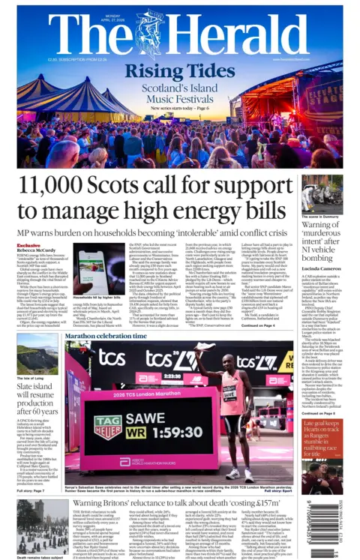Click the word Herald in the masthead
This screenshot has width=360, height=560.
247,34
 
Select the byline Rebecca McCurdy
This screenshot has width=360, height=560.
37,251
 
